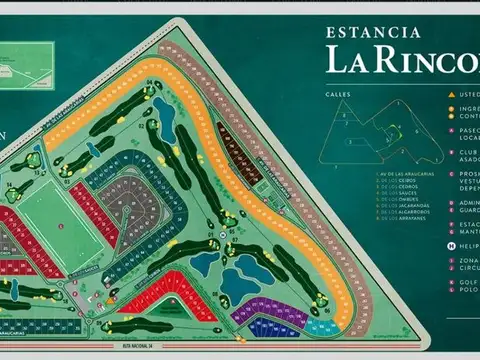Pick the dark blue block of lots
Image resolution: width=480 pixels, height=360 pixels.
pos(274,327)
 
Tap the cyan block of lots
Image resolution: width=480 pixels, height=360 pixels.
pos(323,326)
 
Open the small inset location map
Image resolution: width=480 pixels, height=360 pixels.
pos(29,65)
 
